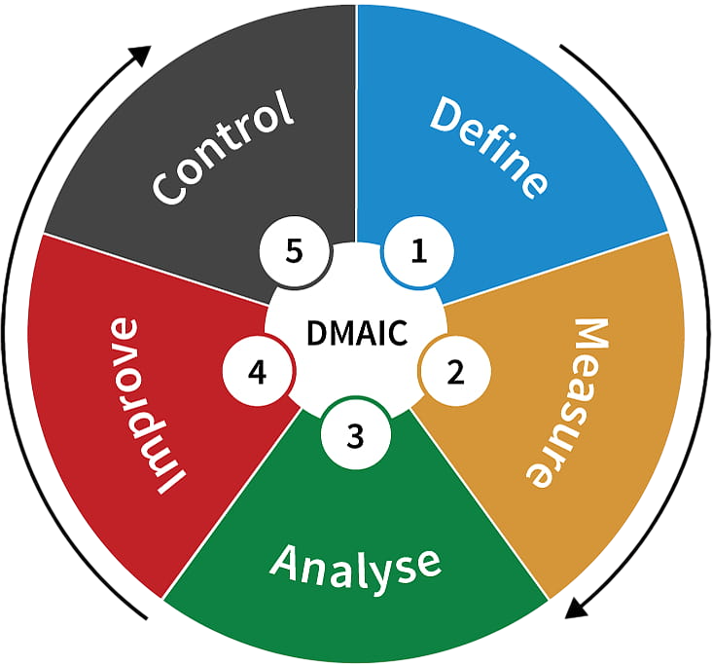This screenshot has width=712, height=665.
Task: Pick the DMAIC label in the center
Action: click(356, 332)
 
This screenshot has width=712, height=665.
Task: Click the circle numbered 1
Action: click(419, 252)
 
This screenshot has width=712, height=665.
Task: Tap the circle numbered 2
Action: click(455, 371)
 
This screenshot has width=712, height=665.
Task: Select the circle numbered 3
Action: click(355, 435)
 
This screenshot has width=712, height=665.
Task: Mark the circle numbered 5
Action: click(295, 251)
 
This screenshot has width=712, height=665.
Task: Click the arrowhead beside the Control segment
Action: click(142, 54)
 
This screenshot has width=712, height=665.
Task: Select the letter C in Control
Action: click(171, 185)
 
